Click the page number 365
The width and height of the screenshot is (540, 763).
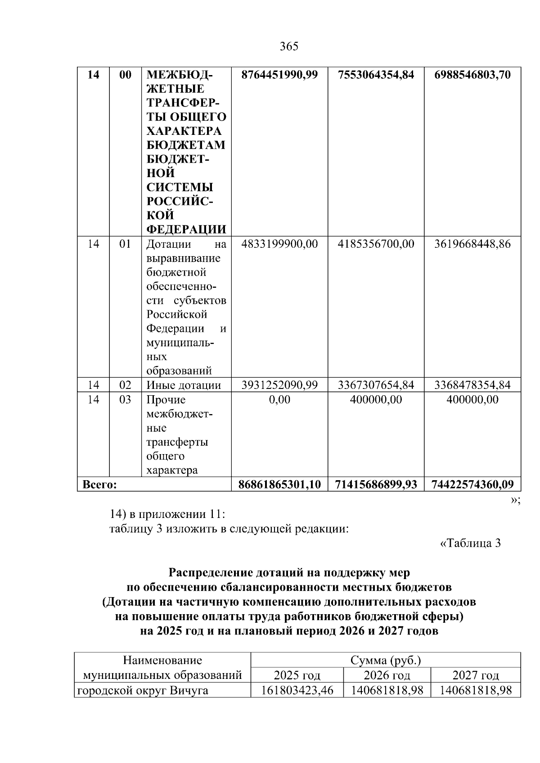(x=289, y=47)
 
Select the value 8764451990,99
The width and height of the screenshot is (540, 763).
(x=279, y=75)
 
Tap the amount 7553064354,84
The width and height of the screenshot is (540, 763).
(x=376, y=75)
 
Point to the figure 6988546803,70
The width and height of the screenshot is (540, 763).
(x=472, y=75)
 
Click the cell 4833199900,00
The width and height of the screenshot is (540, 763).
(x=279, y=244)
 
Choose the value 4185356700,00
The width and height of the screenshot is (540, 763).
(x=376, y=244)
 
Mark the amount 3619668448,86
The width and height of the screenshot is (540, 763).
(x=472, y=244)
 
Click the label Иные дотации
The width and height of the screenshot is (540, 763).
(x=184, y=385)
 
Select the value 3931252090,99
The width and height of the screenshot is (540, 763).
(x=279, y=385)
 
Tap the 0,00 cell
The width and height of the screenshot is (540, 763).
(x=279, y=400)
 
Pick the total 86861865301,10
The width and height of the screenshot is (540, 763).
(x=279, y=485)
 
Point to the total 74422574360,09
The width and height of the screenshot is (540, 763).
(x=472, y=485)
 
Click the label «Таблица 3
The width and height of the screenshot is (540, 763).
(x=470, y=543)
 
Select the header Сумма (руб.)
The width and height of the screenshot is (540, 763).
(x=386, y=660)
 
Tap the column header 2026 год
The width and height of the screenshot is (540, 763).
(x=387, y=675)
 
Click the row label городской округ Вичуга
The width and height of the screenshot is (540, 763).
(x=143, y=690)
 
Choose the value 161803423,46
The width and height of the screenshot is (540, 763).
(x=297, y=690)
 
